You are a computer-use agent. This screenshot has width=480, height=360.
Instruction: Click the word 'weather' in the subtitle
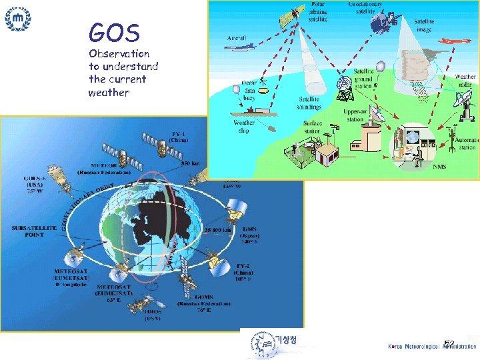click(x=109, y=92)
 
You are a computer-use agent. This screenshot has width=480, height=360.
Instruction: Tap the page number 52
click(x=449, y=344)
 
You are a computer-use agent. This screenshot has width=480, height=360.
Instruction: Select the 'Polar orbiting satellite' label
click(x=319, y=12)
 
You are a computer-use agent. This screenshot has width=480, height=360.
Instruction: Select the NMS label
click(x=439, y=166)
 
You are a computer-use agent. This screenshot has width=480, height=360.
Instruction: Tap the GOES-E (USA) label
click(x=31, y=185)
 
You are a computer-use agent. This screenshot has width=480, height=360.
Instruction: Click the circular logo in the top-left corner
click(x=17, y=19)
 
